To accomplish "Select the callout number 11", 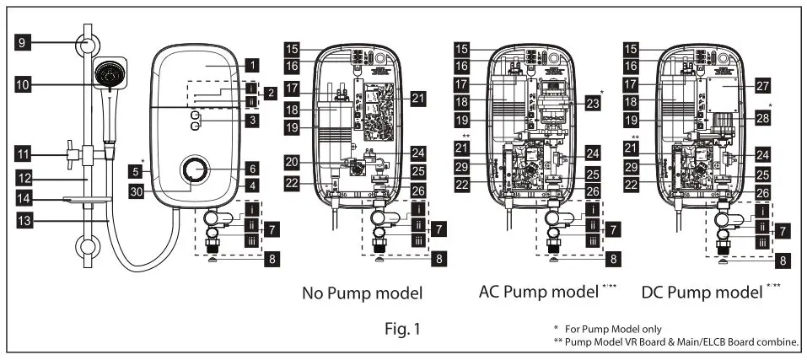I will [26, 154].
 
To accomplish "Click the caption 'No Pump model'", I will [363, 293].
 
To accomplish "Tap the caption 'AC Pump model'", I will [537, 293].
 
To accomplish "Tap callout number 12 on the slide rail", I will [26, 179].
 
